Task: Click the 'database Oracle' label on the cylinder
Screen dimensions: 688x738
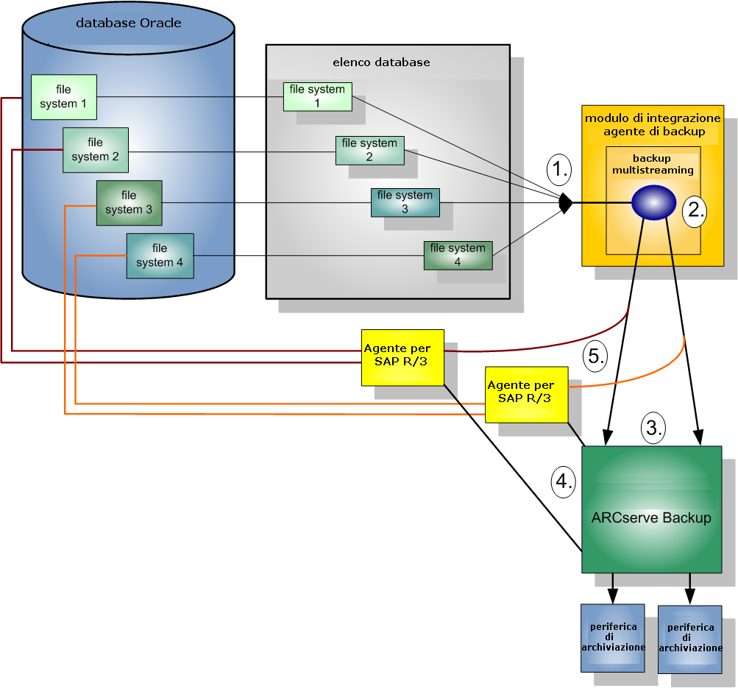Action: (129, 23)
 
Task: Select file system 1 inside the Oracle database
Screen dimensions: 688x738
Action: (63, 97)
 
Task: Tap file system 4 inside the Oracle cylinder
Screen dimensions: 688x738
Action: (160, 256)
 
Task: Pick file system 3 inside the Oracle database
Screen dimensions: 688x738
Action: (129, 203)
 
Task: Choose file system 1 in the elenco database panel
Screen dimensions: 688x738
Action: (317, 96)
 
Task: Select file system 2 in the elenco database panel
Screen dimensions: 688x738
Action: (369, 150)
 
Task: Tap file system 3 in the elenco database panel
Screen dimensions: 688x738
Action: (405, 202)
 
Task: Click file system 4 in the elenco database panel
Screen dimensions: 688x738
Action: (457, 254)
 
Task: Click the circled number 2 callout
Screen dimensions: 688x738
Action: (695, 210)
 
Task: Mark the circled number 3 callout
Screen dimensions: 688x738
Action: (654, 426)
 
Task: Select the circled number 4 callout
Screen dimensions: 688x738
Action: (563, 482)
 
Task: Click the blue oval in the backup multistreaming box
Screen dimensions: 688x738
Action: (653, 202)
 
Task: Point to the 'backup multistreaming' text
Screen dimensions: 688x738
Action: (653, 165)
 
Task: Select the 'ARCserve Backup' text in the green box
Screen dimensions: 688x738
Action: (651, 517)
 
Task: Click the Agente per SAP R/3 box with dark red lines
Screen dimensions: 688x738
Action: (402, 357)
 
